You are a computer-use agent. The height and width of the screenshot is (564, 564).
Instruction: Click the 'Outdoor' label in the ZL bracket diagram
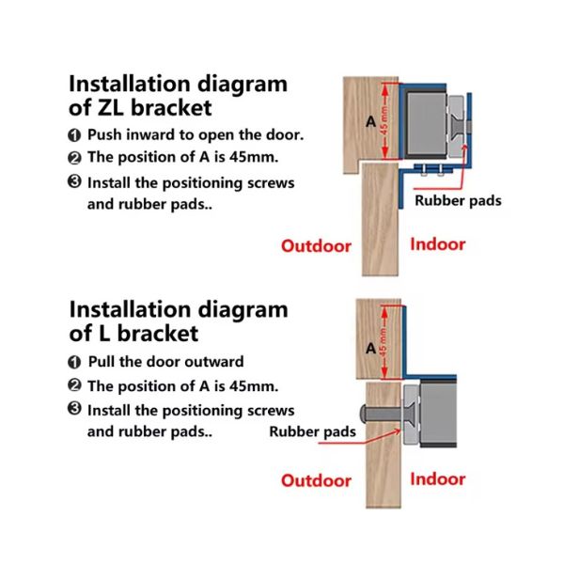[316, 246]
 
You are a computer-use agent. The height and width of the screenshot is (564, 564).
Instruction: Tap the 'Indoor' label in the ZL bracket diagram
[438, 244]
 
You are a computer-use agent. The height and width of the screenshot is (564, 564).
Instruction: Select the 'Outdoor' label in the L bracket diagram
[316, 481]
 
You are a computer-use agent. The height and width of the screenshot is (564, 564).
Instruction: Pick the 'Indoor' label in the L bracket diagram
[438, 479]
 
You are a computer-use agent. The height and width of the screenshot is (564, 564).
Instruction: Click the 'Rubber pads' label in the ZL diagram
[458, 201]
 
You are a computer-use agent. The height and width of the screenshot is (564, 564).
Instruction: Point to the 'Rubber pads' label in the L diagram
[312, 431]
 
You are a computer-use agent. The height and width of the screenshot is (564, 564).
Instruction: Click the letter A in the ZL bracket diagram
[371, 122]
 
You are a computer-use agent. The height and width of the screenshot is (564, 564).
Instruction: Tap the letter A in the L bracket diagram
[371, 348]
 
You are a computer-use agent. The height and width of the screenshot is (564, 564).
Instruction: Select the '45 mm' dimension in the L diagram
[384, 343]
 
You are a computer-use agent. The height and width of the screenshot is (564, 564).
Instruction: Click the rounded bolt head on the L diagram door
[363, 414]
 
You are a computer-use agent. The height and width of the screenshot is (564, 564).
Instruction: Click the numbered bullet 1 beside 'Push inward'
[74, 135]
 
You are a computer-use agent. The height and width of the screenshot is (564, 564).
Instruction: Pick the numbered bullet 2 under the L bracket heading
[74, 385]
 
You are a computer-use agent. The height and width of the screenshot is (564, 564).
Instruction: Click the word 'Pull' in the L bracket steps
[102, 362]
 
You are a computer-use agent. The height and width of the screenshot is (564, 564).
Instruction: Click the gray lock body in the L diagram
[438, 414]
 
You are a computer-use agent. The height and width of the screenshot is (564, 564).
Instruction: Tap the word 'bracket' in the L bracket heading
[158, 334]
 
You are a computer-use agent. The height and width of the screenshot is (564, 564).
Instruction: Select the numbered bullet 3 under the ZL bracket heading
[74, 181]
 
